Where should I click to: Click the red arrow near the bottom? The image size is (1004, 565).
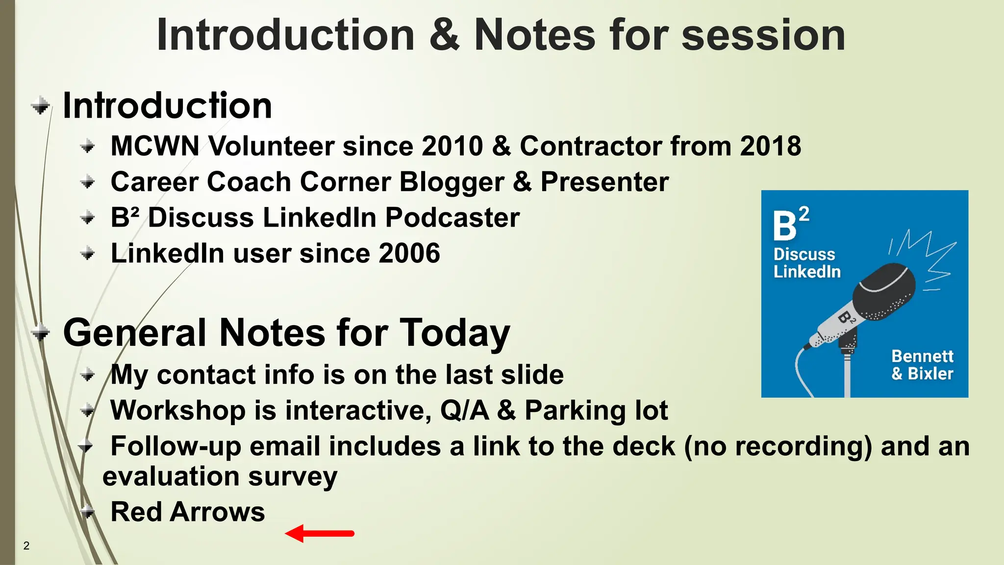point(320,533)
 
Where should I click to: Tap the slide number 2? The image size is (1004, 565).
point(26,546)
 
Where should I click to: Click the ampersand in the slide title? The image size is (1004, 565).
point(444,35)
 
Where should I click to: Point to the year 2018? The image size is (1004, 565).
point(770,146)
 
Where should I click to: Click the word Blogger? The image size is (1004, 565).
point(452,182)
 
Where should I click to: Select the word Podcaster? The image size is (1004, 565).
point(452,218)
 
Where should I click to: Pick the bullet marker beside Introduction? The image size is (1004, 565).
point(41,105)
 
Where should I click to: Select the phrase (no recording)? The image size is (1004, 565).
point(778,447)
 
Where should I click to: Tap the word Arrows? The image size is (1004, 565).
point(217,512)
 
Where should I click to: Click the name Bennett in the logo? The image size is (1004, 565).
point(922,356)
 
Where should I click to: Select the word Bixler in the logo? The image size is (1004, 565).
point(930,374)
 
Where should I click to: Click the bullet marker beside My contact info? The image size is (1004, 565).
point(88,375)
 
